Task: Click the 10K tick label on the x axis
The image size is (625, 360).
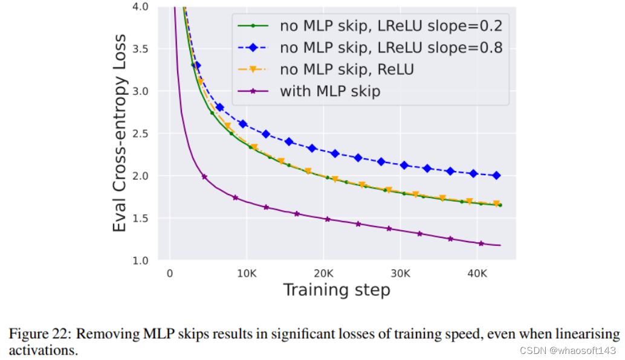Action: pyautogui.click(x=247, y=273)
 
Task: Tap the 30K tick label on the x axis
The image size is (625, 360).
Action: pyautogui.click(x=400, y=273)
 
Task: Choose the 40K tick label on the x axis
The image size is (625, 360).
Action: pyautogui.click(x=477, y=273)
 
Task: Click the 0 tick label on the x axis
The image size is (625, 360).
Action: pyautogui.click(x=170, y=273)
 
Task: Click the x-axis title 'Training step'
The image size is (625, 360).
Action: pyautogui.click(x=337, y=290)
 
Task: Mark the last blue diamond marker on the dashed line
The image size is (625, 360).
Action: pyautogui.click(x=496, y=175)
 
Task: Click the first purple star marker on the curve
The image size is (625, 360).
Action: pyautogui.click(x=204, y=176)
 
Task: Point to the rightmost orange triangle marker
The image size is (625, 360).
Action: pyautogui.click(x=496, y=204)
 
